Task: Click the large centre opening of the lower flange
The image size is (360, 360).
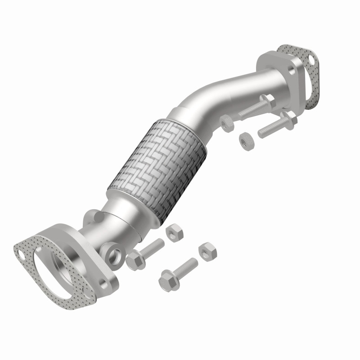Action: (63, 265)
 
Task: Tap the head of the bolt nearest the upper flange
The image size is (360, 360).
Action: (265, 99)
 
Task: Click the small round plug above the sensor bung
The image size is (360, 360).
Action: (94, 216)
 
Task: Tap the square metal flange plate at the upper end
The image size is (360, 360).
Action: (279, 67)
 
